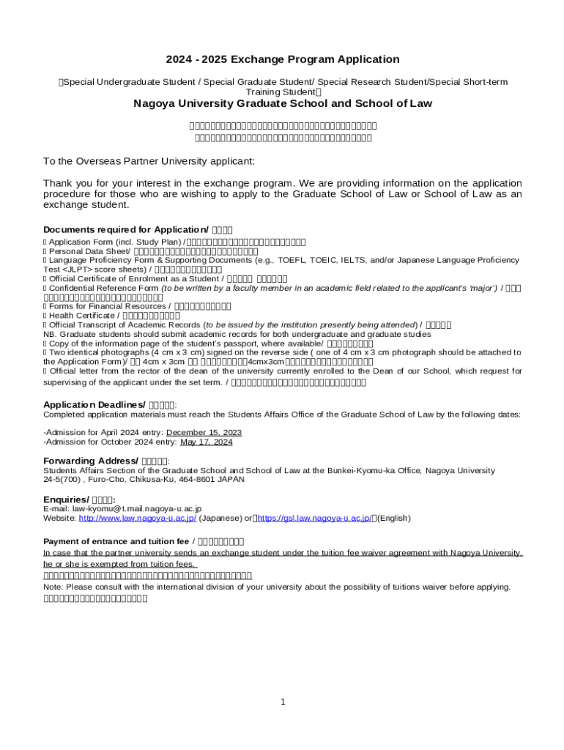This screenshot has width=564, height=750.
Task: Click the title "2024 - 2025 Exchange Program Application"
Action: coord(282,59)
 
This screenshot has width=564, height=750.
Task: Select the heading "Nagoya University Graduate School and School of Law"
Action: coord(282,103)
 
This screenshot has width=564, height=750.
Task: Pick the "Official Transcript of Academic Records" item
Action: coord(125,324)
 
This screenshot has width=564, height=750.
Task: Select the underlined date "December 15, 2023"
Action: coord(204,432)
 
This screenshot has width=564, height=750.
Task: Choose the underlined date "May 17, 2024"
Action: coord(206,442)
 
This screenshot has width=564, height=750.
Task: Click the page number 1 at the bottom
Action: coord(283,702)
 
